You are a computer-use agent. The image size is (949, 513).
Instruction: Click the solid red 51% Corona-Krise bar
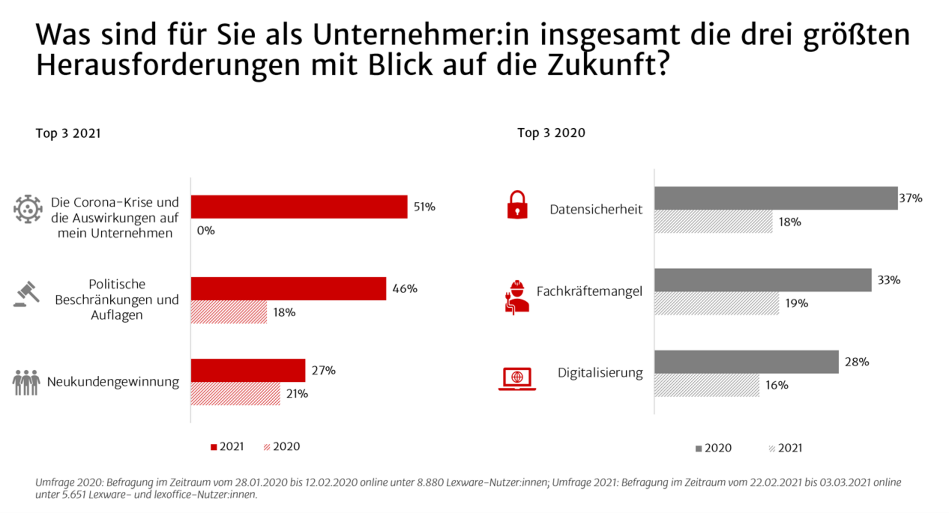coord(299,207)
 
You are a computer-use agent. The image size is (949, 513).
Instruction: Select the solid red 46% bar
coord(288,289)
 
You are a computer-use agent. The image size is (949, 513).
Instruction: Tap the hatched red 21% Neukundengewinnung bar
coord(235,394)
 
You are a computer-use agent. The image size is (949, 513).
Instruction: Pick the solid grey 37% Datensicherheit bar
coord(776,198)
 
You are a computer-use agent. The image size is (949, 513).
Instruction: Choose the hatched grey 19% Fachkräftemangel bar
coord(716,304)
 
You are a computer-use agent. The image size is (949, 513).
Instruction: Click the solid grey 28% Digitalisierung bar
coord(746,362)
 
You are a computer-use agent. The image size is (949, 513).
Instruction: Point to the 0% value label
coord(206,230)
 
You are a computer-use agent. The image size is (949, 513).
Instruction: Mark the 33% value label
coord(888,280)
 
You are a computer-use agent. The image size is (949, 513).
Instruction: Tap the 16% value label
coord(777,385)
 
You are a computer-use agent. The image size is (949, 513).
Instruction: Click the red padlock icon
coord(517,205)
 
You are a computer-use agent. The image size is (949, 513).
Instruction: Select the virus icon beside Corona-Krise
coord(28,209)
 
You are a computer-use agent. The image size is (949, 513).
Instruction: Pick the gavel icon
coord(27,294)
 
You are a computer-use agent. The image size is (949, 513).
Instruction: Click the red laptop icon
coord(517,378)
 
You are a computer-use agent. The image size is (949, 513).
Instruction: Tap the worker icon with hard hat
coord(517,297)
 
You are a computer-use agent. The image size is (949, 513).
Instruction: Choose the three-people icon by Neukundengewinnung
coord(26,383)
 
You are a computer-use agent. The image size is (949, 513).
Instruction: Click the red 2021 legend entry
coord(227,447)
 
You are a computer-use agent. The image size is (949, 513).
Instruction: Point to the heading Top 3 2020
coord(551,133)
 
